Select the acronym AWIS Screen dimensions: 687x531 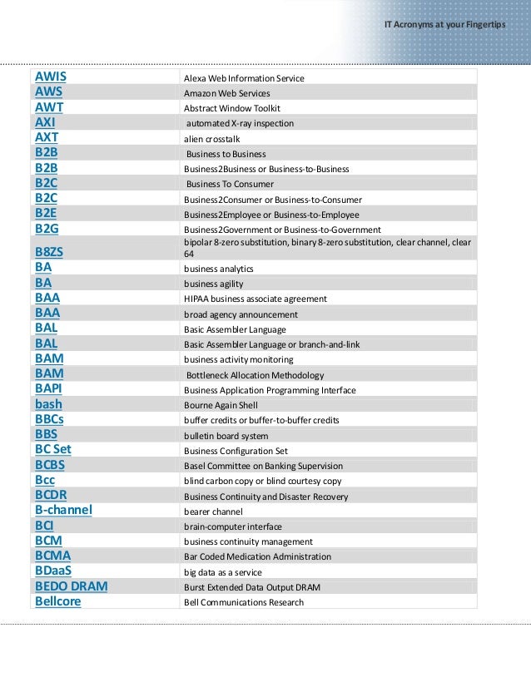pyautogui.click(x=50, y=77)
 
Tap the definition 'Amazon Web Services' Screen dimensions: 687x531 pyautogui.click(x=226, y=93)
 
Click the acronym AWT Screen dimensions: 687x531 pyautogui.click(x=49, y=108)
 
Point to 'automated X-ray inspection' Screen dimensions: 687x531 pyautogui.click(x=240, y=123)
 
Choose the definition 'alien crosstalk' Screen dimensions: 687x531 pyautogui.click(x=211, y=139)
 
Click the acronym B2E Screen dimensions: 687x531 pyautogui.click(x=46, y=214)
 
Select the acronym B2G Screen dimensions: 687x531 pyautogui.click(x=47, y=229)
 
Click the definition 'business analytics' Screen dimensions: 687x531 pyautogui.click(x=219, y=269)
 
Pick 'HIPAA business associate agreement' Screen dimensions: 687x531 pyautogui.click(x=256, y=299)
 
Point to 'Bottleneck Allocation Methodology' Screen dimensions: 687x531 pyautogui.click(x=256, y=375)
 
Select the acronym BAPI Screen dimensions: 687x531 pyautogui.click(x=48, y=389)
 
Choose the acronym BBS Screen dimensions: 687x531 pyautogui.click(x=46, y=435)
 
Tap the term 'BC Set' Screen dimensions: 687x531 pyautogui.click(x=53, y=450)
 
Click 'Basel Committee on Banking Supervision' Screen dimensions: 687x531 pyautogui.click(x=263, y=466)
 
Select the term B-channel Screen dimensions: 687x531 pyautogui.click(x=63, y=511)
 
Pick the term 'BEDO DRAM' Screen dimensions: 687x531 pyautogui.click(x=72, y=586)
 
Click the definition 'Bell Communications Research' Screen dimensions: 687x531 pyautogui.click(x=244, y=602)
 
